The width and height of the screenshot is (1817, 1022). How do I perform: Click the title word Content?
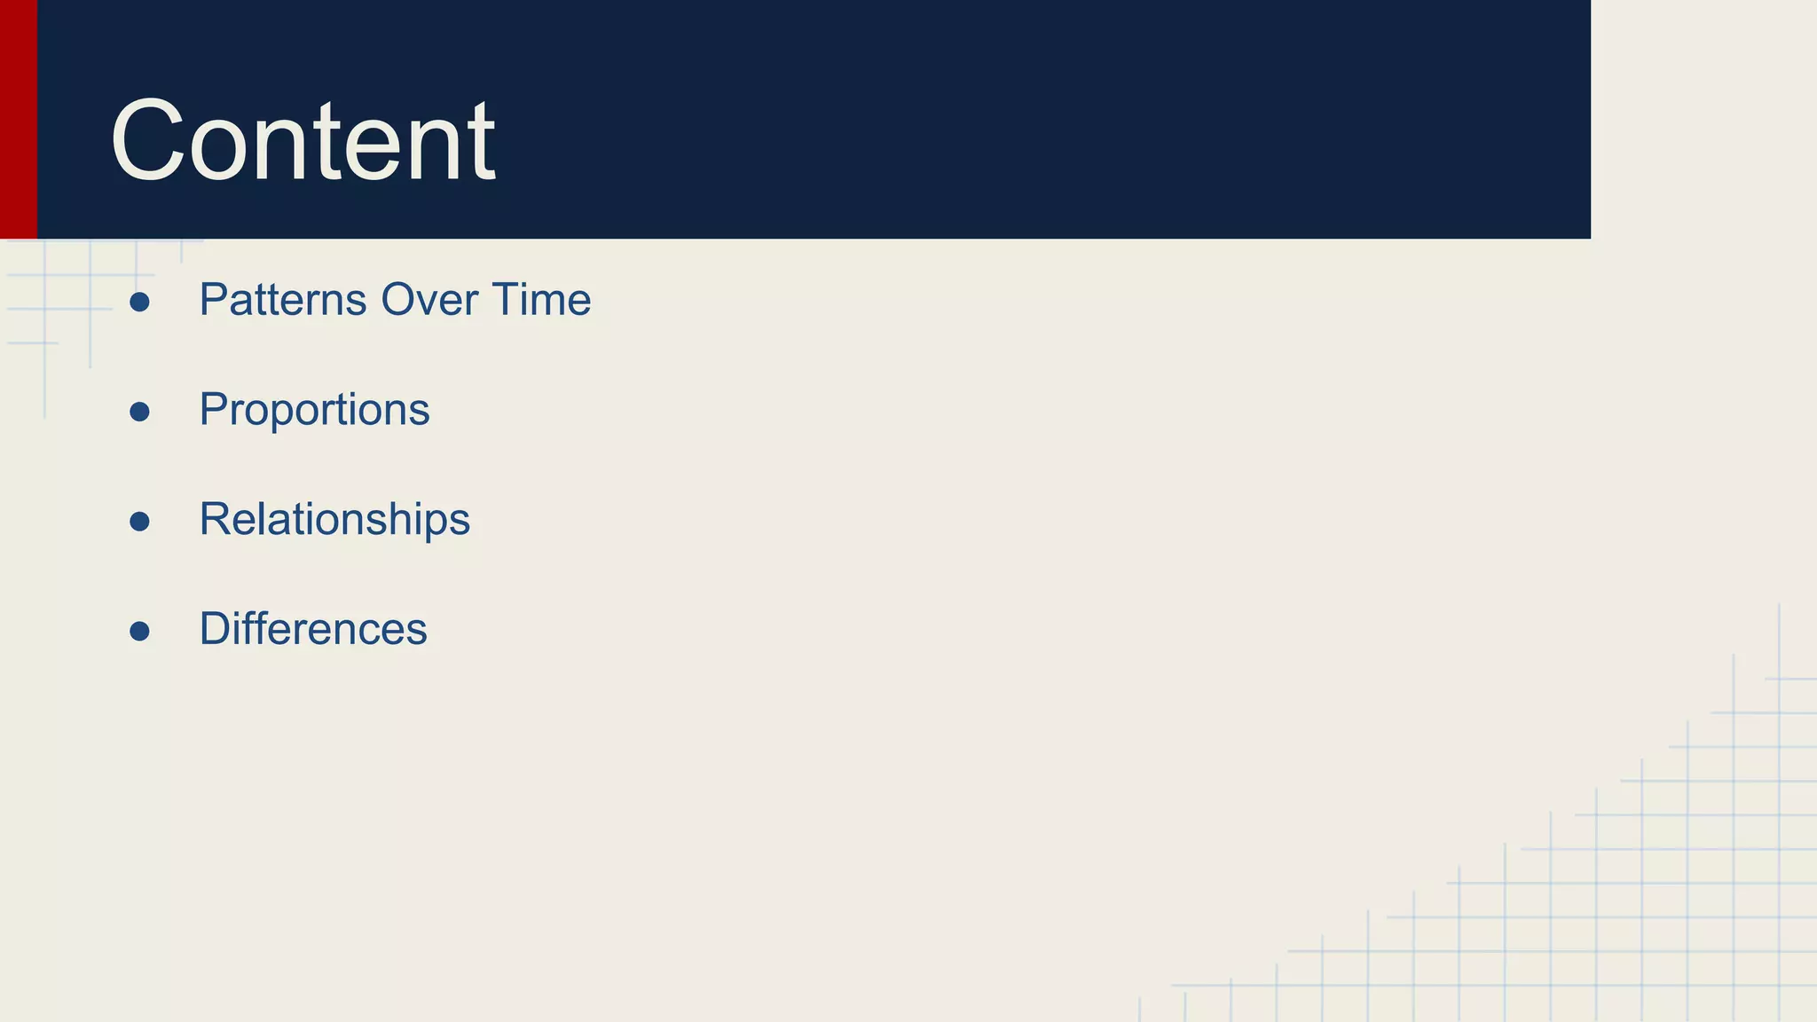click(302, 142)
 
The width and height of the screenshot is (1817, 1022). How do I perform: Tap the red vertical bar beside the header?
click(18, 119)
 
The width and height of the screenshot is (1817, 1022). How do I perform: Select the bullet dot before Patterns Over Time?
click(139, 302)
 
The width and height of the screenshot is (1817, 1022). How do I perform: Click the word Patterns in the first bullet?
click(282, 300)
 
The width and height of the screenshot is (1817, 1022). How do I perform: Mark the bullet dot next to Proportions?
click(139, 412)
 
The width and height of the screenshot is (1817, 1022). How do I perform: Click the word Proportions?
click(314, 411)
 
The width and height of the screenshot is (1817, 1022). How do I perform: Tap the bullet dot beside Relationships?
click(139, 521)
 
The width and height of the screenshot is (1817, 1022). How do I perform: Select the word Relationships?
click(334, 520)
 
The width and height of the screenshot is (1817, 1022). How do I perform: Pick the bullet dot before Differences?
click(139, 631)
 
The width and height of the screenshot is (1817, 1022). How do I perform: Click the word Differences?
click(312, 629)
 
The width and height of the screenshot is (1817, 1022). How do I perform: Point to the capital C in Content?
click(146, 142)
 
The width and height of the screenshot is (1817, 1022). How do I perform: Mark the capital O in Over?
click(398, 300)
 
